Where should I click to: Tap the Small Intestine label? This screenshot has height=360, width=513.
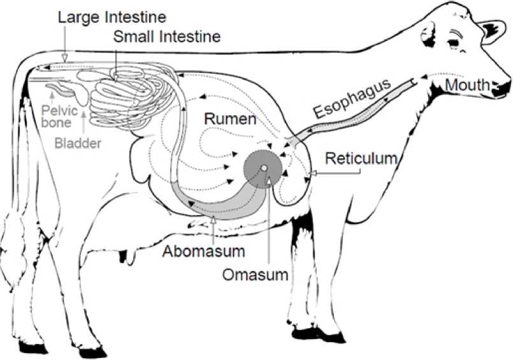point(167,36)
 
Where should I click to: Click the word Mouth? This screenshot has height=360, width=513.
point(467,85)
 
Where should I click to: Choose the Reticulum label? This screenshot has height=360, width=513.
point(361,158)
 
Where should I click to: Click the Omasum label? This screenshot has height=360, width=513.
point(255,275)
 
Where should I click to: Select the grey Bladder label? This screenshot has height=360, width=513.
point(78,143)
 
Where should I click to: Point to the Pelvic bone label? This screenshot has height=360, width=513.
point(56,116)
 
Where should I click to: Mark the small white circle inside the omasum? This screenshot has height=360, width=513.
point(261,168)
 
